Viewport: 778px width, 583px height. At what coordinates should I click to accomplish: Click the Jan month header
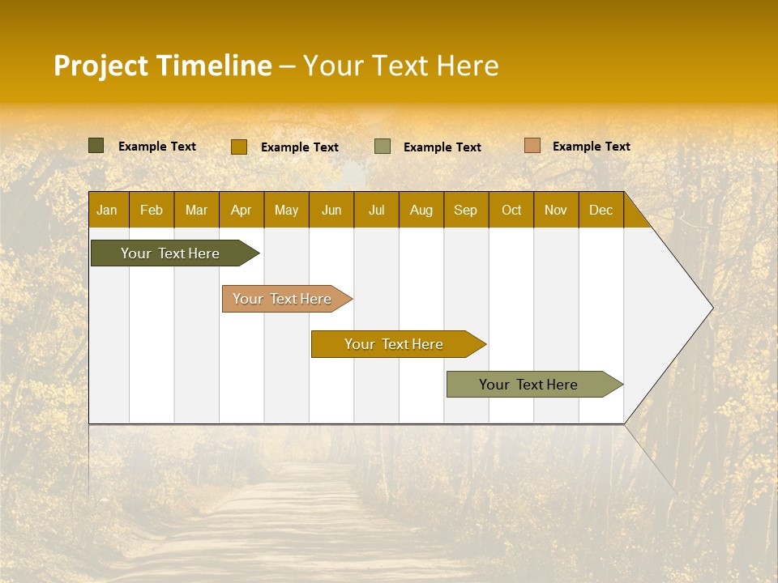point(108,210)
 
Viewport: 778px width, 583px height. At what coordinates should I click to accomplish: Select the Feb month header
point(152,210)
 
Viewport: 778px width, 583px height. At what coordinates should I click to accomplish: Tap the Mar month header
point(196,210)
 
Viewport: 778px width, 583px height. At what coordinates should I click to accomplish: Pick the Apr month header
point(242,210)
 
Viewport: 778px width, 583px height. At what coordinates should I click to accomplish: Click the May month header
point(286,210)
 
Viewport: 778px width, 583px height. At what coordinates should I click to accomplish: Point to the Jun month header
point(331,210)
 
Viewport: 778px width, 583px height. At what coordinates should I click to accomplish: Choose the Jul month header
point(376,210)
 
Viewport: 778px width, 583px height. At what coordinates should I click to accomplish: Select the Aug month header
point(421,210)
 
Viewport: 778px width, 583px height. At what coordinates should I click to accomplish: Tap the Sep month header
point(466,210)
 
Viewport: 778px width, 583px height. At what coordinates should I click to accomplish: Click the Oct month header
point(511,210)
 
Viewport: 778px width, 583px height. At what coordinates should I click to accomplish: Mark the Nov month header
point(556,210)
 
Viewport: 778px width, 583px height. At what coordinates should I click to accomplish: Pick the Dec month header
point(601,210)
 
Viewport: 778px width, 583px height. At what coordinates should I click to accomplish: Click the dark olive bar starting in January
point(171,253)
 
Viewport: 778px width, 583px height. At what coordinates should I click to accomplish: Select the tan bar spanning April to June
point(283,299)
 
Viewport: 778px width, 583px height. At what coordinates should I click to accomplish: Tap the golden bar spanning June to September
point(395,344)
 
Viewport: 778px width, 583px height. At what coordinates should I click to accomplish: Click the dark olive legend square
point(96,146)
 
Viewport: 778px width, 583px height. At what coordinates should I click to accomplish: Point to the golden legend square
point(238,147)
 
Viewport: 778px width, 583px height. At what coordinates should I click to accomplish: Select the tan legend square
point(532,146)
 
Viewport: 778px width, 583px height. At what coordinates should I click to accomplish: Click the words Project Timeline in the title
point(163,66)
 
